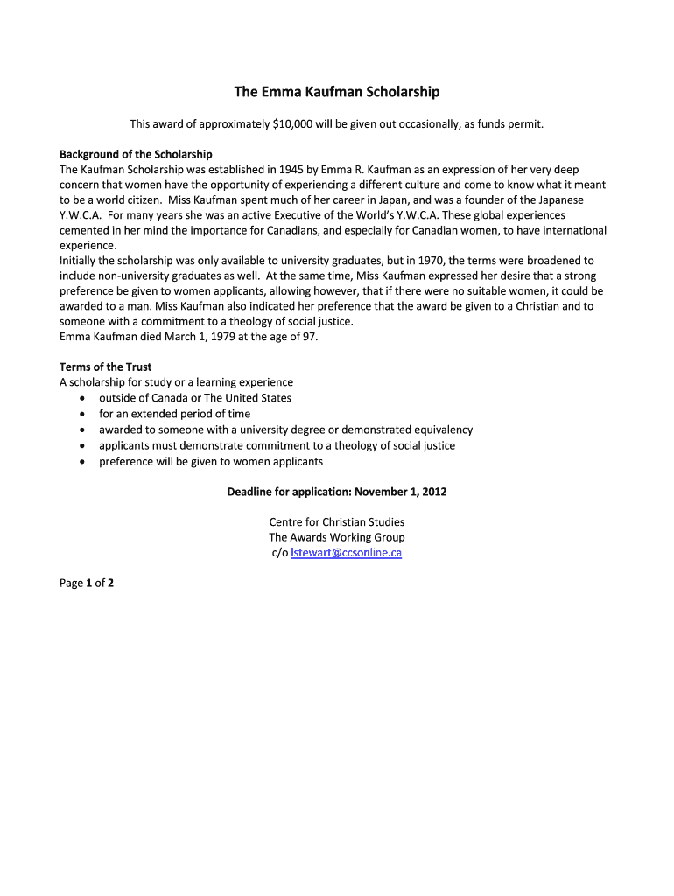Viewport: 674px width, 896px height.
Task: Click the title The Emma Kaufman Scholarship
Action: click(x=336, y=92)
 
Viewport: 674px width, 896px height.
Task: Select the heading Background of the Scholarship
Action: click(x=136, y=154)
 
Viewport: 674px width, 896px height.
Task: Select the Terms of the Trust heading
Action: click(x=105, y=367)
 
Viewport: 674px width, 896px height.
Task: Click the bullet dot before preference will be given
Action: click(x=81, y=462)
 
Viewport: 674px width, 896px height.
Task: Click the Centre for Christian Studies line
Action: click(x=337, y=522)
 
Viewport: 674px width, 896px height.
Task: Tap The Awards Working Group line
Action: click(x=337, y=537)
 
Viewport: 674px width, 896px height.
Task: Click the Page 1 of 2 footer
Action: click(x=87, y=583)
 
